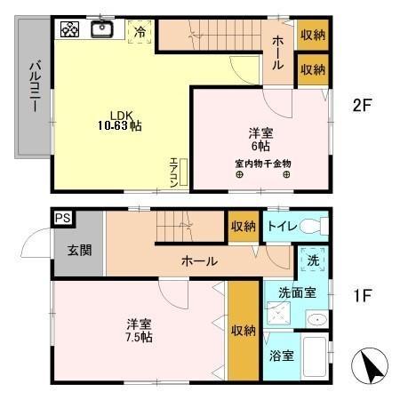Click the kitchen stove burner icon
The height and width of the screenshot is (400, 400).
[x=70, y=29]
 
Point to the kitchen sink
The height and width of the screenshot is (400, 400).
[x=101, y=29]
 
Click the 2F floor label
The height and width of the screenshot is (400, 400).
[x=361, y=104]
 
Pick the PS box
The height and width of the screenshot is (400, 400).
[x=62, y=217]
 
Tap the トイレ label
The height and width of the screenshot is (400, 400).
[x=281, y=226]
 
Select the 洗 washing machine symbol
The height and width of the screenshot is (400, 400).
[x=313, y=261]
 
